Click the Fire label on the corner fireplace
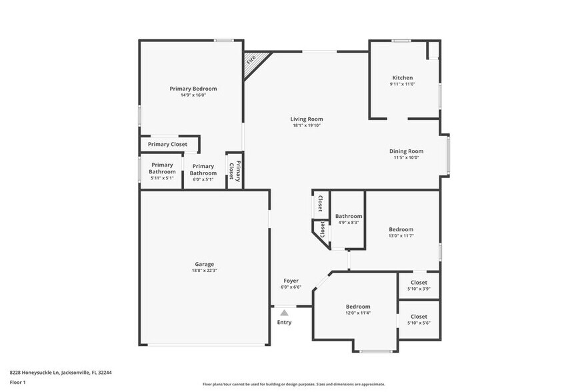[x=251, y=60]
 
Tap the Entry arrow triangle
[x=284, y=312]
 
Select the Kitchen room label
[x=402, y=78]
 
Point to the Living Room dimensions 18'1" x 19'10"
[x=307, y=125]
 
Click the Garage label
[x=205, y=264]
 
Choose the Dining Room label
[x=406, y=151]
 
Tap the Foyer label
[x=291, y=281]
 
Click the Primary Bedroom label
[x=193, y=89]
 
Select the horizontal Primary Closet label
[x=167, y=144]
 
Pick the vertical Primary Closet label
[x=235, y=171]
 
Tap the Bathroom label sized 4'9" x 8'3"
[x=349, y=216]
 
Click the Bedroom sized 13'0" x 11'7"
[x=401, y=229]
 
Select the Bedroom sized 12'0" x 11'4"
[x=358, y=307]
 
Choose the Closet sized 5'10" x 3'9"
[x=419, y=282]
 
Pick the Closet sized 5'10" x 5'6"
[x=419, y=317]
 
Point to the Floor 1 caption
[x=18, y=383]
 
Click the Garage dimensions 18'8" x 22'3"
[x=205, y=271]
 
